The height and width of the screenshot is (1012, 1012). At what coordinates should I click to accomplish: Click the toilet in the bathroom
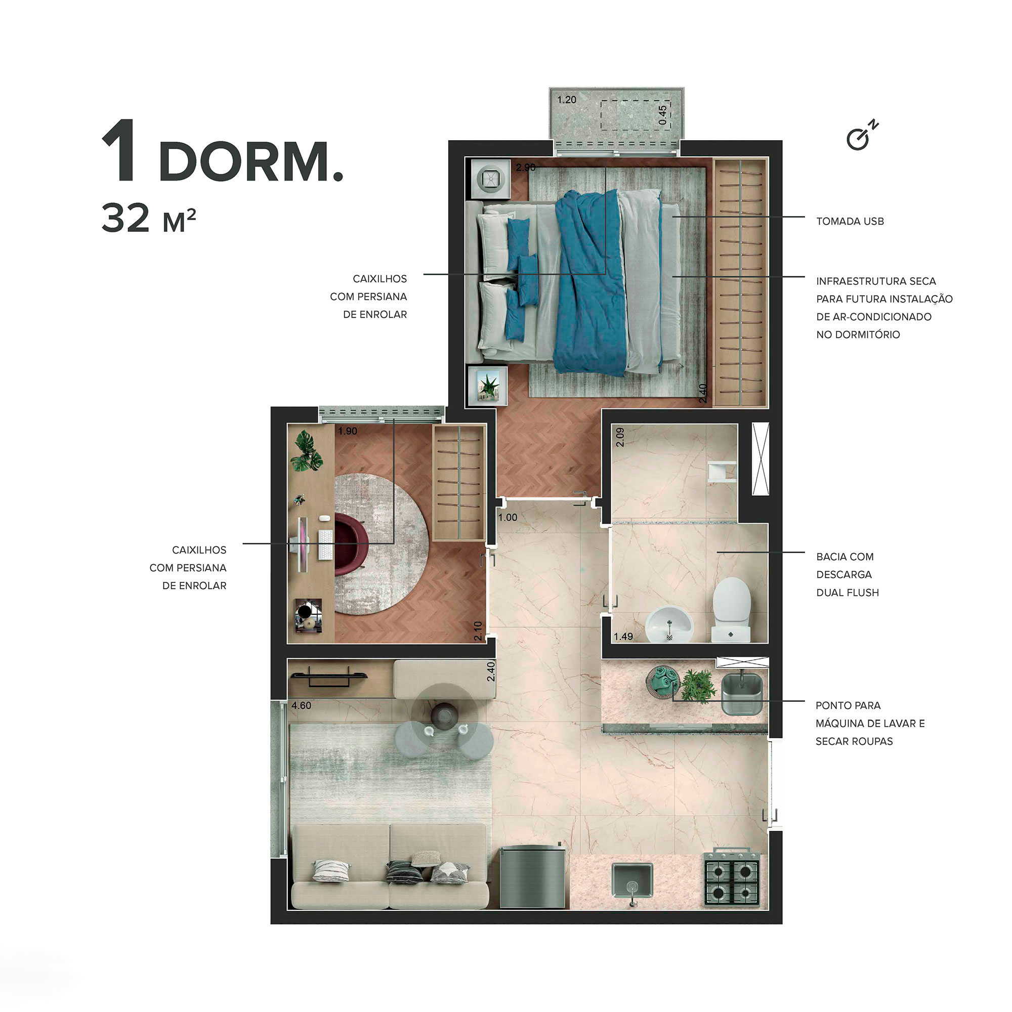731,609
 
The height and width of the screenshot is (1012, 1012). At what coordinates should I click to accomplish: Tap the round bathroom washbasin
669,625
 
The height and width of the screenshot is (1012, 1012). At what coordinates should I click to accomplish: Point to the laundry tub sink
742,693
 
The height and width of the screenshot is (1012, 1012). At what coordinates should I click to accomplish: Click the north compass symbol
861,136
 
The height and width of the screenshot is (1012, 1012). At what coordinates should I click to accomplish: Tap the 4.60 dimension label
301,705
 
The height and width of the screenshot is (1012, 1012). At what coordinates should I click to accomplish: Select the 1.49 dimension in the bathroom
623,637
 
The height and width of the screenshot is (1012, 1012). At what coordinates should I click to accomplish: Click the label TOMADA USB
850,222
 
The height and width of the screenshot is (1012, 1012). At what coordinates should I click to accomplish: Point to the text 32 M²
148,219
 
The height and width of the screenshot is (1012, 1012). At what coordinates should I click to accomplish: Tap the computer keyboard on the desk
325,545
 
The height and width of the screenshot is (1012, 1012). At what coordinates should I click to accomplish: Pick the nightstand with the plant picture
488,386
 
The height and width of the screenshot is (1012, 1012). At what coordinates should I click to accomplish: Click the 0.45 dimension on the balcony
663,115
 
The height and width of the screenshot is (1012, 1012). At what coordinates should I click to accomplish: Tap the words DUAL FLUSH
847,593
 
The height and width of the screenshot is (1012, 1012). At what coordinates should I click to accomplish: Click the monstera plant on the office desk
307,451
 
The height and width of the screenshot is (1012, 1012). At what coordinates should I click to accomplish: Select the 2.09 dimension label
620,437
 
